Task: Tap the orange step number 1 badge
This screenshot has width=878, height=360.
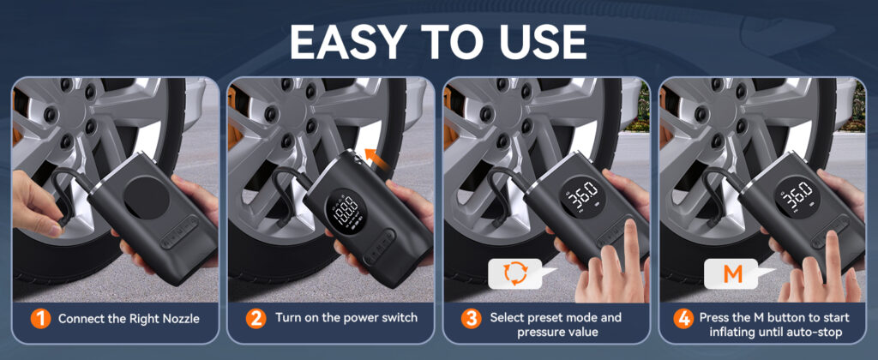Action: (x=39, y=319)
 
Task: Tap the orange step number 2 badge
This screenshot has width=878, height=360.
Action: (x=256, y=319)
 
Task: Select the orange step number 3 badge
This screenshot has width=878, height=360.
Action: (x=472, y=319)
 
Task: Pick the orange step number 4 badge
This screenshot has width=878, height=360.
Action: (x=683, y=319)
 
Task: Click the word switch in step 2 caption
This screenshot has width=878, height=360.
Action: (x=399, y=318)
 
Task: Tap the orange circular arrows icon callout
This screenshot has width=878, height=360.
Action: (x=514, y=273)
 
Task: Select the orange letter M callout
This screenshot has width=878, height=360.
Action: (x=732, y=273)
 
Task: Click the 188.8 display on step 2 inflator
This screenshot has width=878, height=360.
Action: (x=342, y=210)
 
